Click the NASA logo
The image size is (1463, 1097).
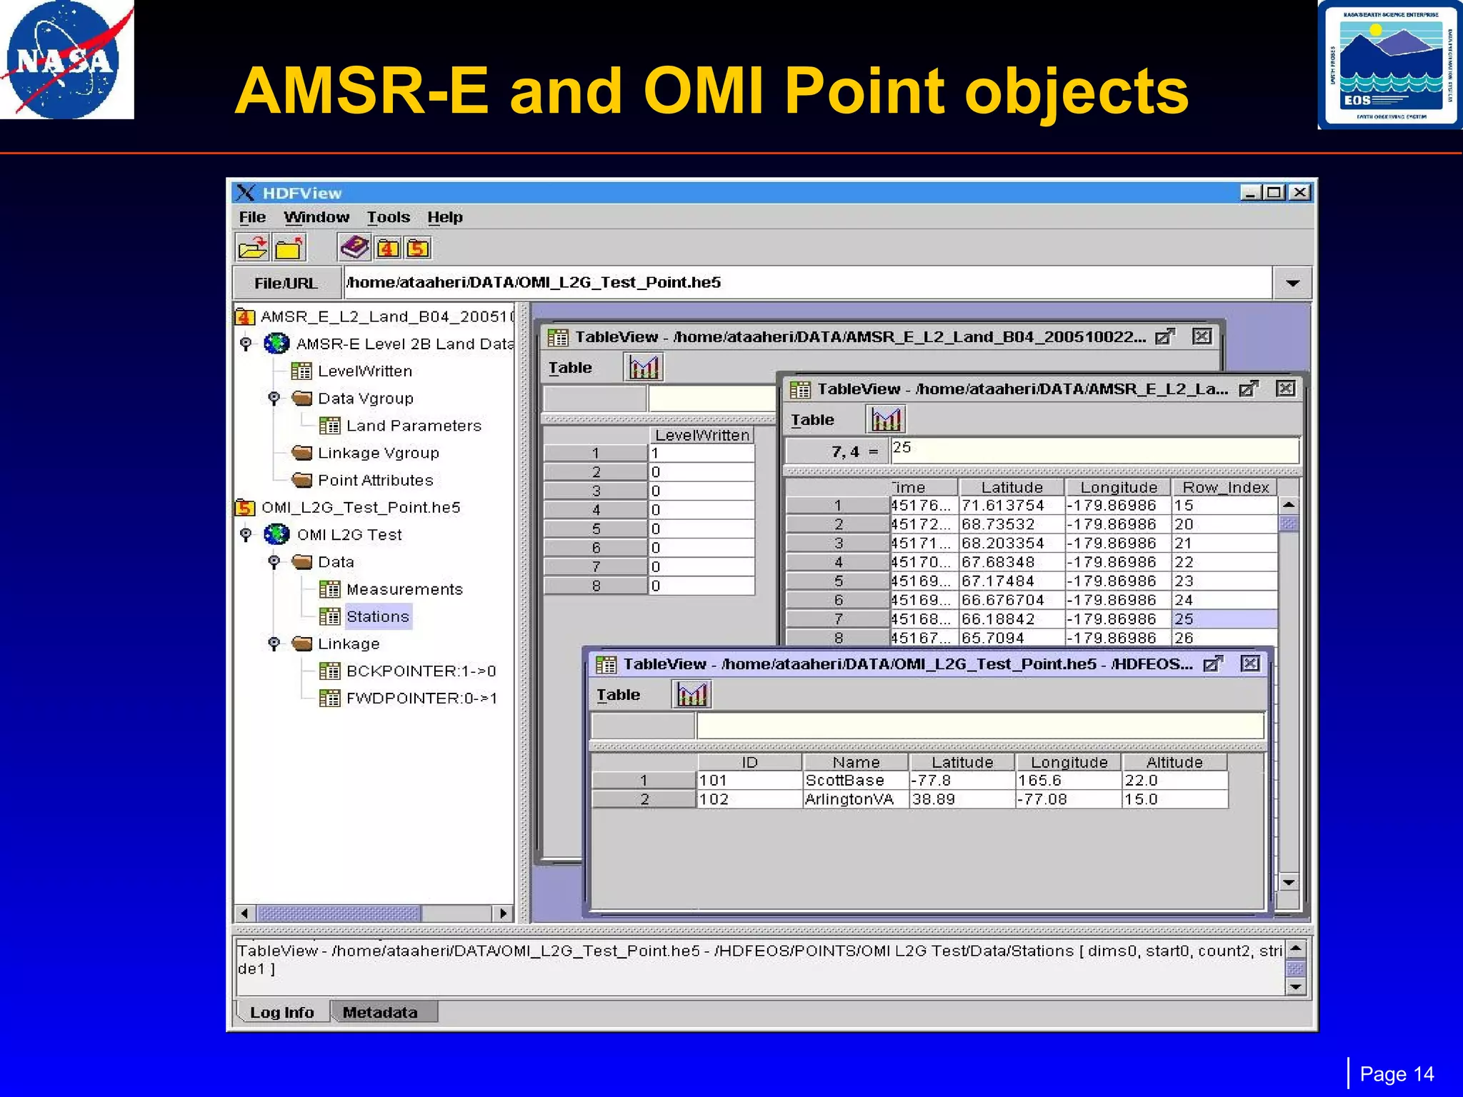[66, 60]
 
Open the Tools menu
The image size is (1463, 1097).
[388, 217]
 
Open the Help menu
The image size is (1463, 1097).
[444, 217]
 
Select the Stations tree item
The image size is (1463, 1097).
[377, 616]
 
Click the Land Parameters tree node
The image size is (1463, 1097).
[413, 426]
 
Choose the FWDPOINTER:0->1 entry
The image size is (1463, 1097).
[421, 698]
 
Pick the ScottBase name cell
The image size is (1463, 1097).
[845, 781]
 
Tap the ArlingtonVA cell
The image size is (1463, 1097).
[849, 799]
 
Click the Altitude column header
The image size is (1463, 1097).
[1174, 762]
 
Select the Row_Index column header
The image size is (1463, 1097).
[1225, 487]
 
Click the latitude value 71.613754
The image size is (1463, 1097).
[1002, 506]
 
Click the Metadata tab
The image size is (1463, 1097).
[380, 1012]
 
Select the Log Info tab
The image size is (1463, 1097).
[282, 1012]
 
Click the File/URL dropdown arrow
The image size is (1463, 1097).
[1292, 283]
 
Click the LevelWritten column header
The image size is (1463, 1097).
[701, 435]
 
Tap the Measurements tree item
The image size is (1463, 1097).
[404, 589]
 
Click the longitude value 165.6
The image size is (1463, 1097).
[1039, 781]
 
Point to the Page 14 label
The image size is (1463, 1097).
[1397, 1074]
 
